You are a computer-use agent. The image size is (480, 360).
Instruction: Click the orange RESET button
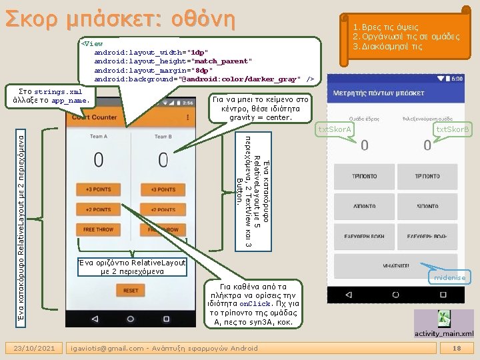(131, 291)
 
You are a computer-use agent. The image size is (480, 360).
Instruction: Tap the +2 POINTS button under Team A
(98, 209)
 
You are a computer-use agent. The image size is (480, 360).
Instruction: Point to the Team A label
(98, 137)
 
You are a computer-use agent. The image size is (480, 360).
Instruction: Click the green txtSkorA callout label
(336, 129)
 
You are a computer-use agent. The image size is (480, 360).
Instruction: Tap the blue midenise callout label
(451, 277)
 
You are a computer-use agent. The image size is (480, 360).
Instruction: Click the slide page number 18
(457, 349)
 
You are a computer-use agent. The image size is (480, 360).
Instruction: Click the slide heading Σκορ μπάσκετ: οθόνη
(120, 18)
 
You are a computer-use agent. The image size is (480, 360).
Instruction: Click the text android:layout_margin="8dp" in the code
(153, 70)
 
